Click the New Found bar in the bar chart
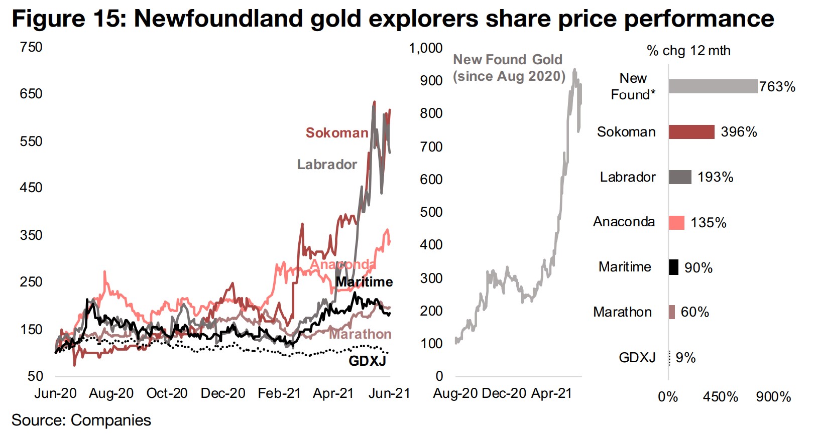coord(713,86)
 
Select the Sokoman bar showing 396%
coord(691,132)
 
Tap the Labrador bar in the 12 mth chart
coord(680,177)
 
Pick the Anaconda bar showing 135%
coord(676,222)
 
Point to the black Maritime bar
coord(673,267)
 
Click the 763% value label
coord(777,87)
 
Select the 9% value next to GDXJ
coord(685,358)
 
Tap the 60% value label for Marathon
coord(694,312)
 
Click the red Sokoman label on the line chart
coord(337,133)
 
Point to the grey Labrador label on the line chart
coord(327,165)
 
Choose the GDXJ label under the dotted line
coord(367,361)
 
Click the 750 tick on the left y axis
coord(31,47)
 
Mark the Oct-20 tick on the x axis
coord(167,393)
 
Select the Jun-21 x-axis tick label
coord(389,393)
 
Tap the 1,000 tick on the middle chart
coord(425,48)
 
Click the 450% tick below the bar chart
coord(720,397)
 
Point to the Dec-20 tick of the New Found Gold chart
coord(504,393)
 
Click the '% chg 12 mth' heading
coord(688,51)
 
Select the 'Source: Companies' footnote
coord(81,420)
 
